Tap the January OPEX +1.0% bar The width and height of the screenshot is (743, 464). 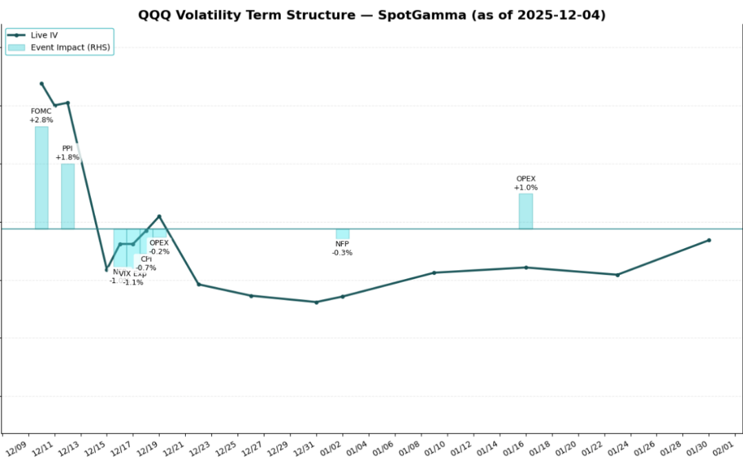(526, 211)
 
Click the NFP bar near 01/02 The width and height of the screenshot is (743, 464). (343, 234)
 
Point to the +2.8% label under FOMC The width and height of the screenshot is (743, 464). (41, 120)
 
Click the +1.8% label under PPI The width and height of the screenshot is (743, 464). (67, 157)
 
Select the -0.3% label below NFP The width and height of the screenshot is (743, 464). (342, 253)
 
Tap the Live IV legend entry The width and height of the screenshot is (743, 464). (45, 34)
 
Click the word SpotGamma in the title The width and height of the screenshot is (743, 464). (423, 15)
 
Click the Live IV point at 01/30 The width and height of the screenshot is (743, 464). (709, 240)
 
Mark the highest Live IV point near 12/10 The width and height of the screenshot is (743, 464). (41, 84)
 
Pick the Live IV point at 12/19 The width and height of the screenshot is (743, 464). (160, 217)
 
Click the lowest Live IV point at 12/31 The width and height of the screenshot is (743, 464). (316, 302)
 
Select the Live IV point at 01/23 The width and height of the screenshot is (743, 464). (617, 275)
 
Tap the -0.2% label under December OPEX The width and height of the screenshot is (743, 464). (159, 252)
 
